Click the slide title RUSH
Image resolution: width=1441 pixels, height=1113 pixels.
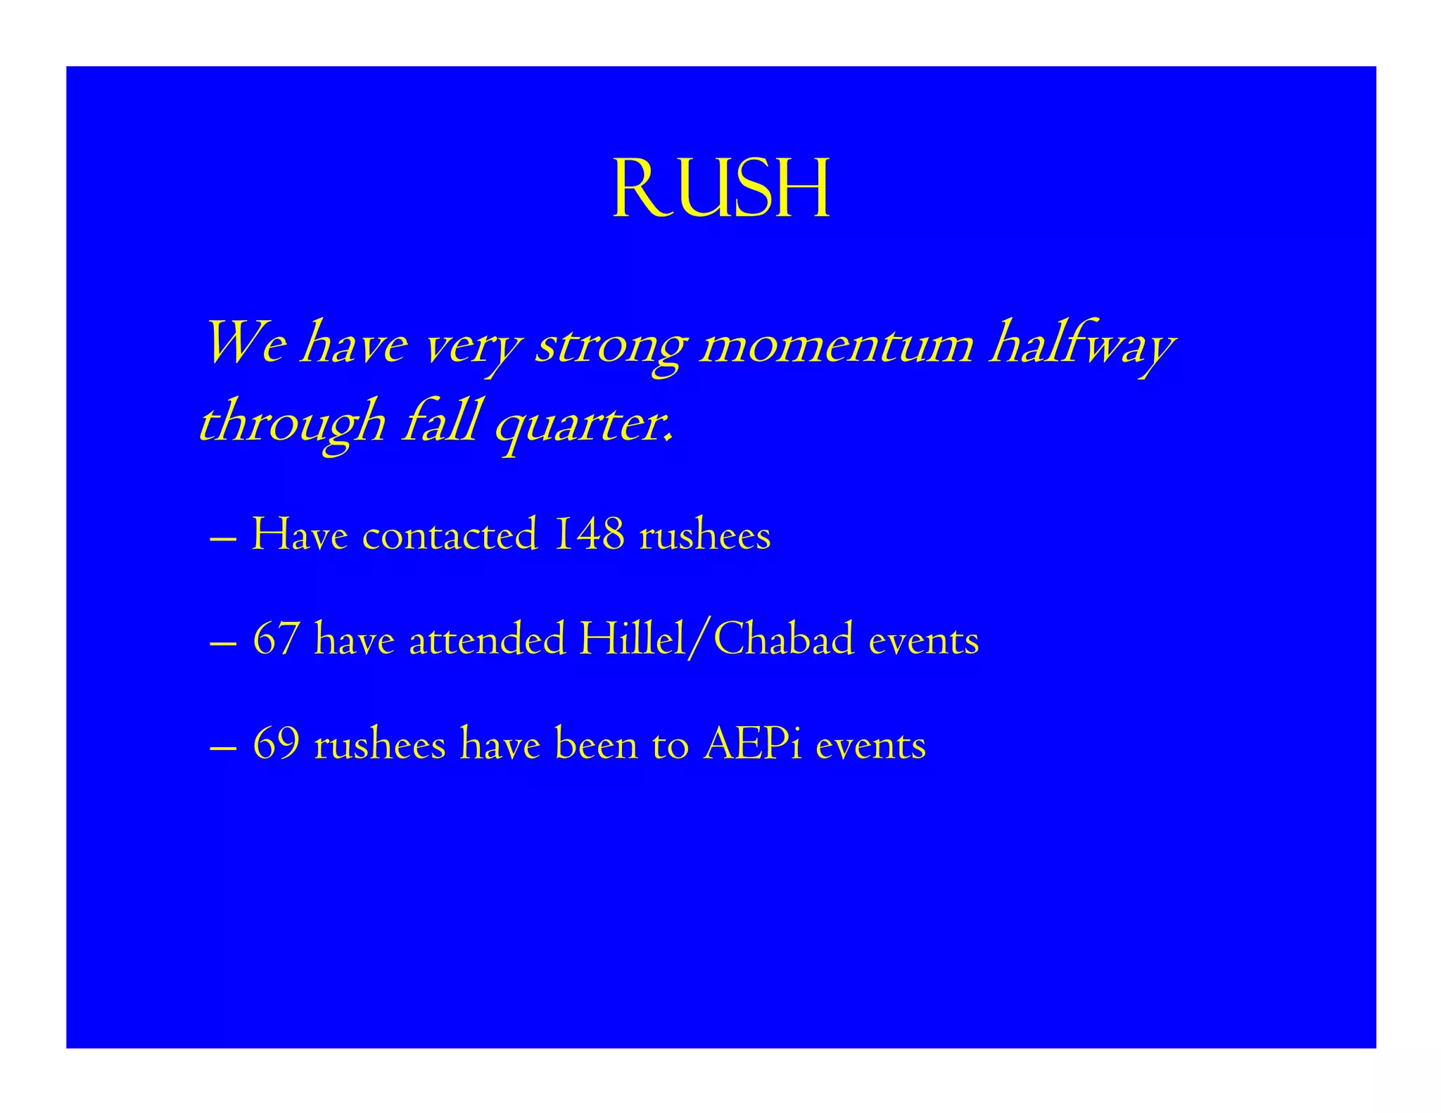pyautogui.click(x=721, y=189)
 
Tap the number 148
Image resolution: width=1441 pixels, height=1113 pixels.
pyautogui.click(x=590, y=534)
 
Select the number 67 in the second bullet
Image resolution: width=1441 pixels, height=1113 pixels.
pyautogui.click(x=276, y=640)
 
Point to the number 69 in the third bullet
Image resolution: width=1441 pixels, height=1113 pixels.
pyautogui.click(x=276, y=744)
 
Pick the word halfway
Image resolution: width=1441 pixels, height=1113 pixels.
pyautogui.click(x=1081, y=346)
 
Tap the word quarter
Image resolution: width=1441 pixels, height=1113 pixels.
pyautogui.click(x=584, y=425)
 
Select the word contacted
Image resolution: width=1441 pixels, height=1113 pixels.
pyautogui.click(x=450, y=534)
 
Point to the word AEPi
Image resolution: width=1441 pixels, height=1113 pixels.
pyautogui.click(x=752, y=744)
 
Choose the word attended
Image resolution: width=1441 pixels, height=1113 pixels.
pyautogui.click(x=488, y=640)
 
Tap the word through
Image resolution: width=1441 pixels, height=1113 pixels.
pyautogui.click(x=293, y=425)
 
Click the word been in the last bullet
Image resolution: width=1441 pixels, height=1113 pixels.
pyautogui.click(x=596, y=744)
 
